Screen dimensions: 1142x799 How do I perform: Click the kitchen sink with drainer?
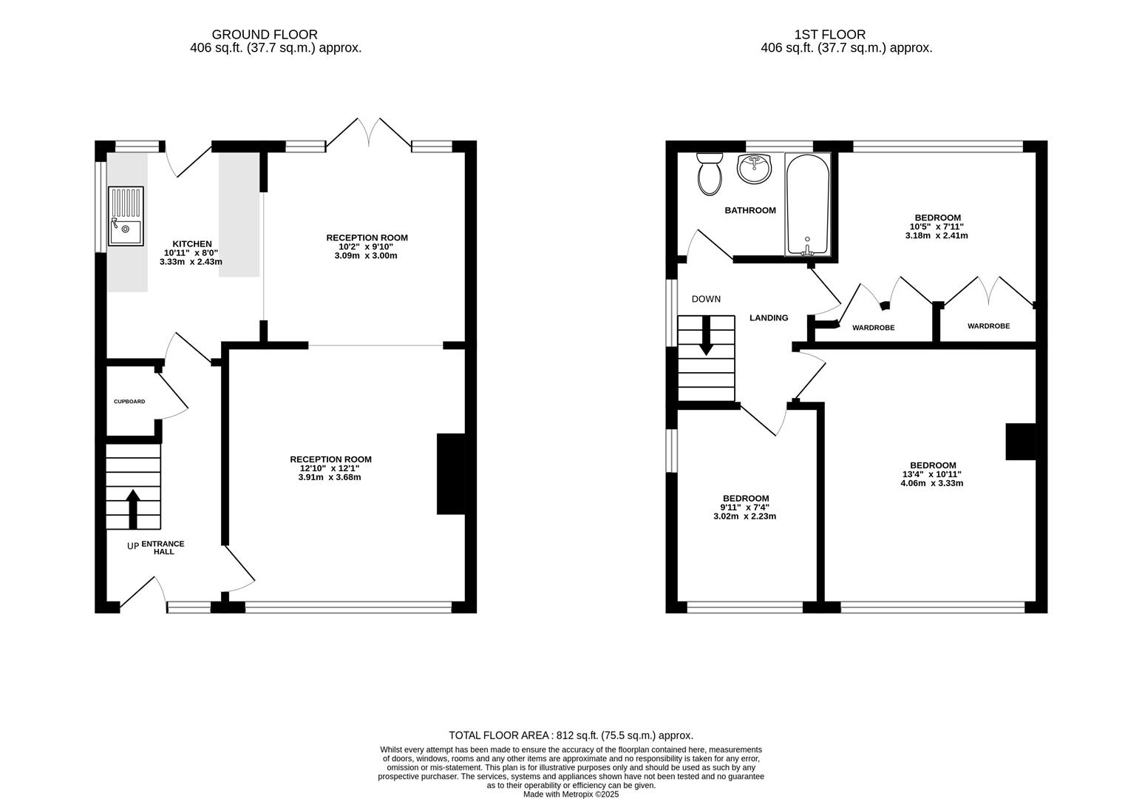click(x=126, y=216)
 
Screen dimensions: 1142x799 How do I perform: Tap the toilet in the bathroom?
click(x=710, y=174)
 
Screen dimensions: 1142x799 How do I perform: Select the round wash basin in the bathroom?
click(x=754, y=169)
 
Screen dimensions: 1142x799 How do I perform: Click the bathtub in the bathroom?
click(x=808, y=204)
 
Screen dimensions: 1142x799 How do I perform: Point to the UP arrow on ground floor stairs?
click(x=133, y=509)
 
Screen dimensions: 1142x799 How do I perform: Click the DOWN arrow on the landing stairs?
click(x=706, y=335)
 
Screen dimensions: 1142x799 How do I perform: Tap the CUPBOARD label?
click(x=129, y=402)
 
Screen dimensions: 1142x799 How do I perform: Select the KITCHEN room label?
click(x=191, y=244)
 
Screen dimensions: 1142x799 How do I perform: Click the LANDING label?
click(x=769, y=318)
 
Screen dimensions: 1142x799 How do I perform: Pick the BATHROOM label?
click(x=750, y=210)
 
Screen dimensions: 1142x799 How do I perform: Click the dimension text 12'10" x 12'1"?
click(x=330, y=468)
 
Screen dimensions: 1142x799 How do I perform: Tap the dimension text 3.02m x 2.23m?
click(x=745, y=516)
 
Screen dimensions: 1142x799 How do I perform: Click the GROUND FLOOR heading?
click(x=265, y=35)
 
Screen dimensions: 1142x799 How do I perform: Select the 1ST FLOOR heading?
click(x=829, y=35)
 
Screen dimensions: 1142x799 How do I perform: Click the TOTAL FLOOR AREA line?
click(x=571, y=735)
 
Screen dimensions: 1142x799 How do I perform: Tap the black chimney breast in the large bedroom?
click(x=1020, y=442)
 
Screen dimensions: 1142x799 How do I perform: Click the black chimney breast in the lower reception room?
click(x=451, y=473)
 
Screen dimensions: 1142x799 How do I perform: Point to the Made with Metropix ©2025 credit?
click(x=571, y=795)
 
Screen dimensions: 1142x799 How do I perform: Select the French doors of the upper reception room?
click(x=369, y=134)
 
